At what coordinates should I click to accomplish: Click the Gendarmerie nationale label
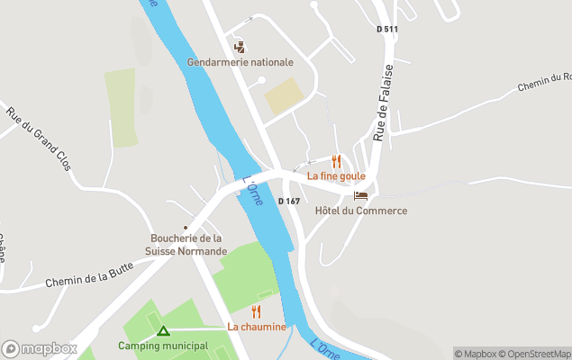[x=241, y=62]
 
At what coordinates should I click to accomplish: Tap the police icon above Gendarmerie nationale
[x=240, y=46]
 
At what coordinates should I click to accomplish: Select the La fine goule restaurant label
[x=336, y=176]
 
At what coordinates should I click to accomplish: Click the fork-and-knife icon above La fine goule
[x=336, y=162]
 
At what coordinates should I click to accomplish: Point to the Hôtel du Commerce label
[x=361, y=211]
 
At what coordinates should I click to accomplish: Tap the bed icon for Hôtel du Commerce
[x=361, y=195]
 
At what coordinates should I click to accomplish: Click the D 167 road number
[x=289, y=201]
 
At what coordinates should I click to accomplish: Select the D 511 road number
[x=386, y=30]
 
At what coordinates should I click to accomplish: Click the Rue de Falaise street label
[x=384, y=103]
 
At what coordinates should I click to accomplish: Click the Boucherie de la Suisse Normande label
[x=186, y=244]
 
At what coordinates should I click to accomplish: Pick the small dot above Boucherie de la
[x=186, y=228]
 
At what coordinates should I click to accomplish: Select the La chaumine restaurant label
[x=257, y=327]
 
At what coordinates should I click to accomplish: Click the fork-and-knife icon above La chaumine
[x=257, y=311]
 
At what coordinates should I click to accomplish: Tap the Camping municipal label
[x=163, y=346]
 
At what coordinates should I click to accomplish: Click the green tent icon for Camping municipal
[x=163, y=330]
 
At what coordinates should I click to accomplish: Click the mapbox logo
[x=40, y=348]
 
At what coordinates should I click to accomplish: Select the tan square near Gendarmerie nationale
[x=285, y=96]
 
